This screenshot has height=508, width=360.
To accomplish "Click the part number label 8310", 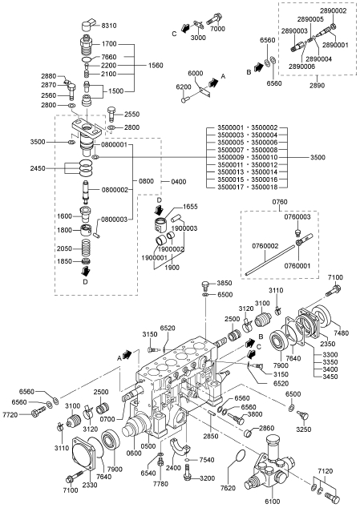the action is tap(109, 26).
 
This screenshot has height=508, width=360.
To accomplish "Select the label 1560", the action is tap(156, 66).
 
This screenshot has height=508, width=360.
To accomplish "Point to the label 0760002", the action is tap(265, 246).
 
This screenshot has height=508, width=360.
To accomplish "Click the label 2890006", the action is tap(301, 67).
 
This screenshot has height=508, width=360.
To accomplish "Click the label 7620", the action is tap(228, 488).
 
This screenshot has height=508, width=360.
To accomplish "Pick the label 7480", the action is tap(342, 333).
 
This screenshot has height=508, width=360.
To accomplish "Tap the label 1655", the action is tap(190, 207).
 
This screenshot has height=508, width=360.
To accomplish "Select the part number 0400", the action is tap(178, 181).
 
